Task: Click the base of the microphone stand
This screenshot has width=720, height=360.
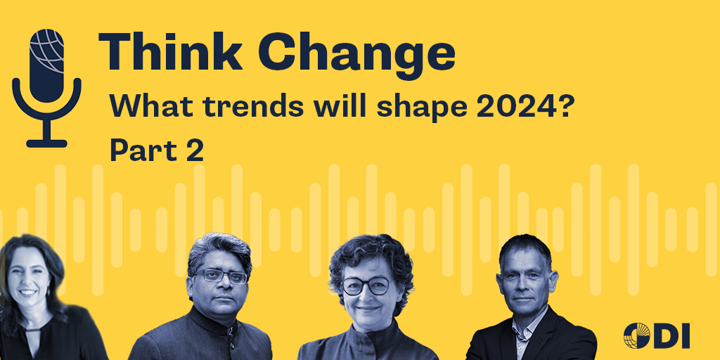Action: [46, 143]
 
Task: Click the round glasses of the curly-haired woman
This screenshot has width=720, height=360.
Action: [366, 285]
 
